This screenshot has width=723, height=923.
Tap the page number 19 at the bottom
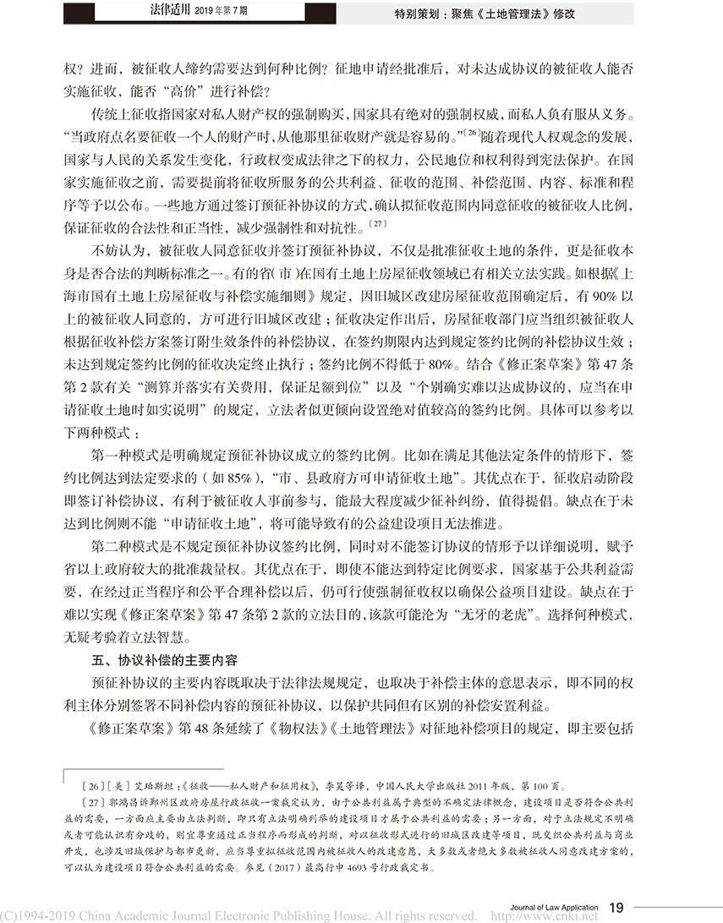click(x=616, y=907)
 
